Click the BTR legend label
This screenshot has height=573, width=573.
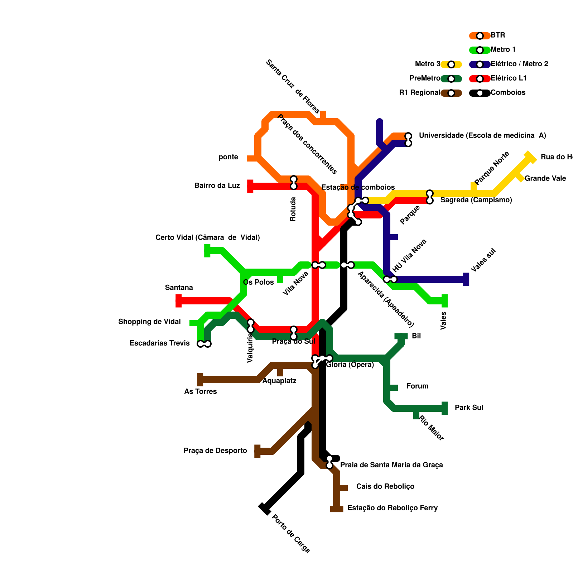click(x=497, y=35)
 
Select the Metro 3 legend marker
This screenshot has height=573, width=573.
click(x=451, y=64)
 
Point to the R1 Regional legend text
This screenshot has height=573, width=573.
click(x=419, y=93)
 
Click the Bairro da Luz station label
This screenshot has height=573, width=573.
click(x=217, y=186)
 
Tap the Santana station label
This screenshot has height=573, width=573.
click(x=179, y=288)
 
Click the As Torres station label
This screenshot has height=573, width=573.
click(x=200, y=392)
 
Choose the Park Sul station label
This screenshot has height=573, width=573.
click(x=469, y=408)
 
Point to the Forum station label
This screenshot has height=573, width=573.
click(x=417, y=386)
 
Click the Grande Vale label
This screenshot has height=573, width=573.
click(x=545, y=179)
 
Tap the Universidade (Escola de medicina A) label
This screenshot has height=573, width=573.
click(x=482, y=136)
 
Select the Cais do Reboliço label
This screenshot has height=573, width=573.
click(x=385, y=487)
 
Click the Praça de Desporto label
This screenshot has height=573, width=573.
click(x=215, y=451)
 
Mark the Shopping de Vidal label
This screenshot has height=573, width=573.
click(x=149, y=322)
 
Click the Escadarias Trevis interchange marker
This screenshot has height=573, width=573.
click(x=204, y=344)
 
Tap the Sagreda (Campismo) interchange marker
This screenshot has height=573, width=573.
click(x=430, y=197)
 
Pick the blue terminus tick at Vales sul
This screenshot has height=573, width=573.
click(x=466, y=279)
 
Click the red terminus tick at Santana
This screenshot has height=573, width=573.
click(x=178, y=301)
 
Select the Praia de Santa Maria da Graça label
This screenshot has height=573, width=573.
click(x=391, y=465)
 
